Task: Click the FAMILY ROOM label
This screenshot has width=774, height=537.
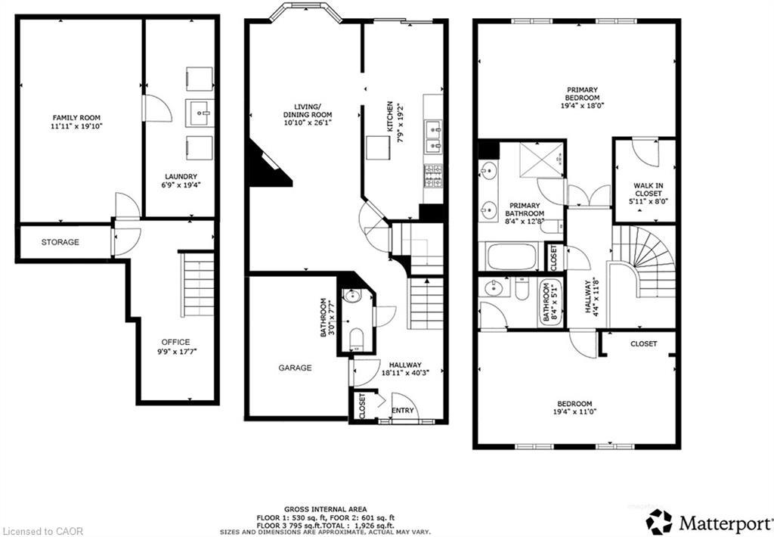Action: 76,118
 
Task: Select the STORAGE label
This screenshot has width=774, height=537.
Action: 60,242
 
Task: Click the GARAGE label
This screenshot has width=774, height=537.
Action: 295,368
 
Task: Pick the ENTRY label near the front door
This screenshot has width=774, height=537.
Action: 403,410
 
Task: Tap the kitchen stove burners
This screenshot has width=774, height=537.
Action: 433,175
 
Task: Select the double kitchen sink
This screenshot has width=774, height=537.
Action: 433,135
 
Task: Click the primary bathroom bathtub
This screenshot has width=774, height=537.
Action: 511,256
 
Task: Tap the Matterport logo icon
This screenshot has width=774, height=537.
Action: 659,521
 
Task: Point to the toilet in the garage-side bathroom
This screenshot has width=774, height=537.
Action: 356,338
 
